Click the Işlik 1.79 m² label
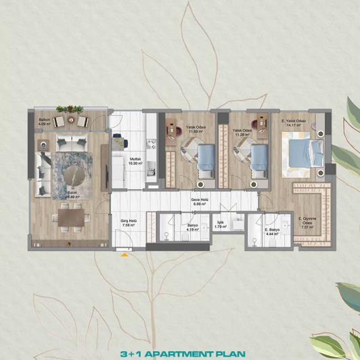pyautogui.click(x=221, y=225)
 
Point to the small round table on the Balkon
pyautogui.click(x=70, y=121)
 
